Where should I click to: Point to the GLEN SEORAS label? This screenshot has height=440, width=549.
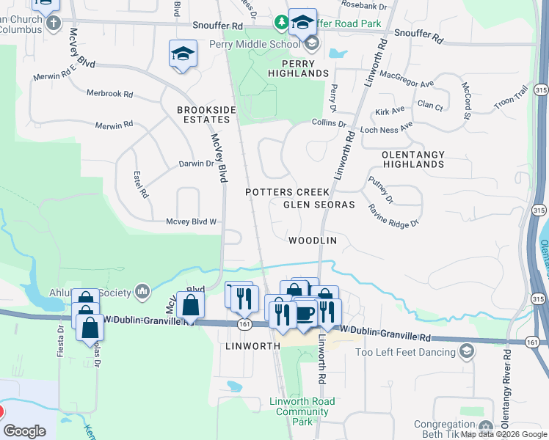coord(319,205)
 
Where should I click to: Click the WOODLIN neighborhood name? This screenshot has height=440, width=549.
coord(313,241)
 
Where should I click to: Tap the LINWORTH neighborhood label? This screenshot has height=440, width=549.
coord(253,345)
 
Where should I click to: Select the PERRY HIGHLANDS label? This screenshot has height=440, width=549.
coord(298,69)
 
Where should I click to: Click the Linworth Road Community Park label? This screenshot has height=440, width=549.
coord(302,411)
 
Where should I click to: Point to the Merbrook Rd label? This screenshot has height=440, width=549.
coord(109,94)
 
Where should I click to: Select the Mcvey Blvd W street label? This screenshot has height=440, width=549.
coord(192,221)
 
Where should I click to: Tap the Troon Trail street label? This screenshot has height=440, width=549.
coord(511,98)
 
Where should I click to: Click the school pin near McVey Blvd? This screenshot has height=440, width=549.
coord(183,54)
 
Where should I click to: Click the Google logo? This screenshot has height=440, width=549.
coord(24,431)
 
